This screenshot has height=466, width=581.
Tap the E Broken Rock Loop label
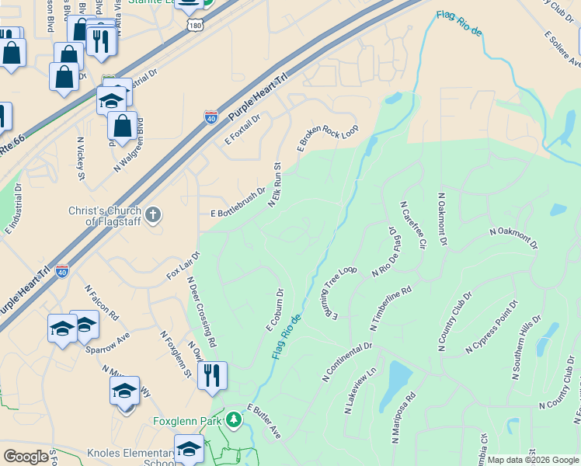click(327, 137)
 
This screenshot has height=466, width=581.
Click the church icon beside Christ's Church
click(154, 214)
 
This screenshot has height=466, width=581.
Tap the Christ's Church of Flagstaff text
click(104, 216)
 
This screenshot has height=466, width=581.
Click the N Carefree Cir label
click(413, 224)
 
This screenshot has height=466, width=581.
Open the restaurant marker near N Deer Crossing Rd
click(212, 376)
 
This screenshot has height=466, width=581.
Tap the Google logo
click(26, 456)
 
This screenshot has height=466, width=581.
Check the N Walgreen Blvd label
click(130, 145)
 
